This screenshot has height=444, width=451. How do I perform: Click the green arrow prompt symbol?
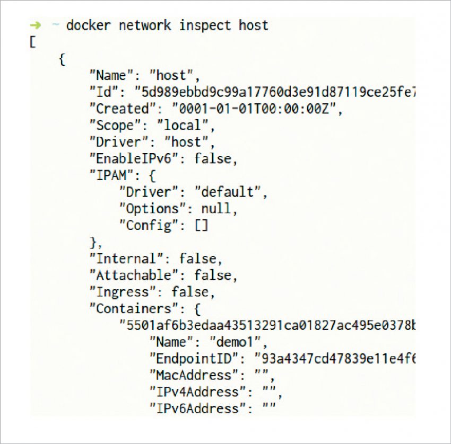coord(35,25)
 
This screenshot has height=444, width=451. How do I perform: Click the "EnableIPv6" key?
coord(137,158)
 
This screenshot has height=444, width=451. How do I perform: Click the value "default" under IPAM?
coord(231,192)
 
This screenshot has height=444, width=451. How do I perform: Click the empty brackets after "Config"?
coord(202,225)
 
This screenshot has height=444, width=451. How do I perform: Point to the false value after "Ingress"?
coord(190,292)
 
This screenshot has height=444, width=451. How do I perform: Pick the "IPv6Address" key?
coord(197,409)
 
